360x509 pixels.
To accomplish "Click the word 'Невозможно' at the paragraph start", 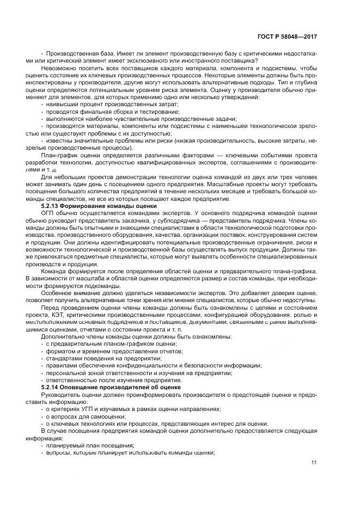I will (x=59, y=69).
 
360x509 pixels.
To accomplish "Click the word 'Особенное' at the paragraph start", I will (x=57, y=293).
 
